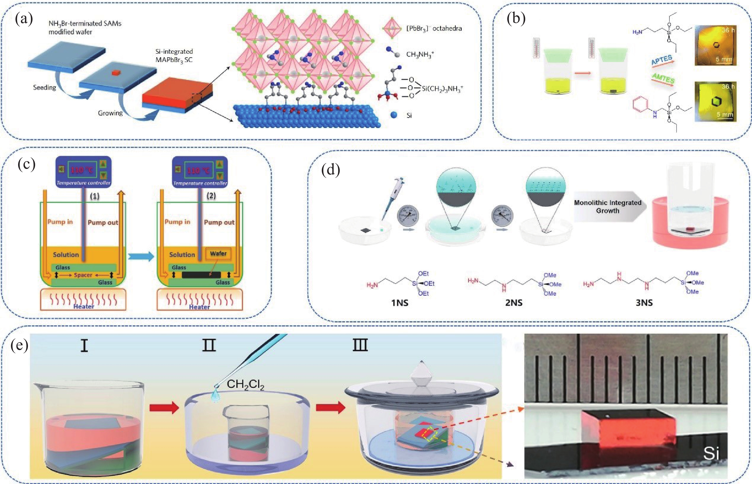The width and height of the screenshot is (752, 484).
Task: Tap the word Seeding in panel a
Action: (45, 87)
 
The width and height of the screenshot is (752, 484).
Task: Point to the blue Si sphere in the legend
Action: (394, 115)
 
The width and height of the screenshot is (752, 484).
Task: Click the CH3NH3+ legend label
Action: (420, 54)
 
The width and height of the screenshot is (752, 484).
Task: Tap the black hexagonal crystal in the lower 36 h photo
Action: (716, 101)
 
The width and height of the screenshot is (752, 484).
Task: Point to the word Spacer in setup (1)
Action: (83, 275)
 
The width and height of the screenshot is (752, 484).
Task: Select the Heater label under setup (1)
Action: (84, 306)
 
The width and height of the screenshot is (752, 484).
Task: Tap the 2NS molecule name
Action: (514, 303)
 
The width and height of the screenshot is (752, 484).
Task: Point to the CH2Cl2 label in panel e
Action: (245, 384)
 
